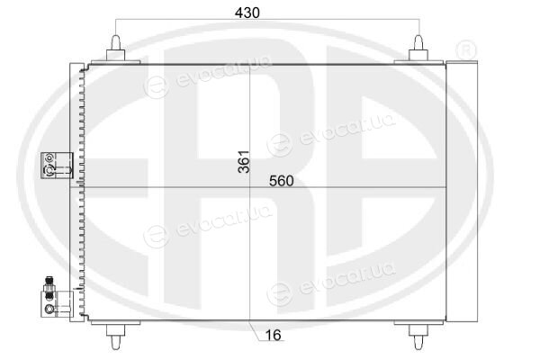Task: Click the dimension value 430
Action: pos(247,13)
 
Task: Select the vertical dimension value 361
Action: pos(245,162)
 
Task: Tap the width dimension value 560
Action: pos(282,181)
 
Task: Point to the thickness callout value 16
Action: pos(274,335)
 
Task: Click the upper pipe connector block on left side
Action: pos(57,166)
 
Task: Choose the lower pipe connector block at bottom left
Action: pos(57,304)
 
